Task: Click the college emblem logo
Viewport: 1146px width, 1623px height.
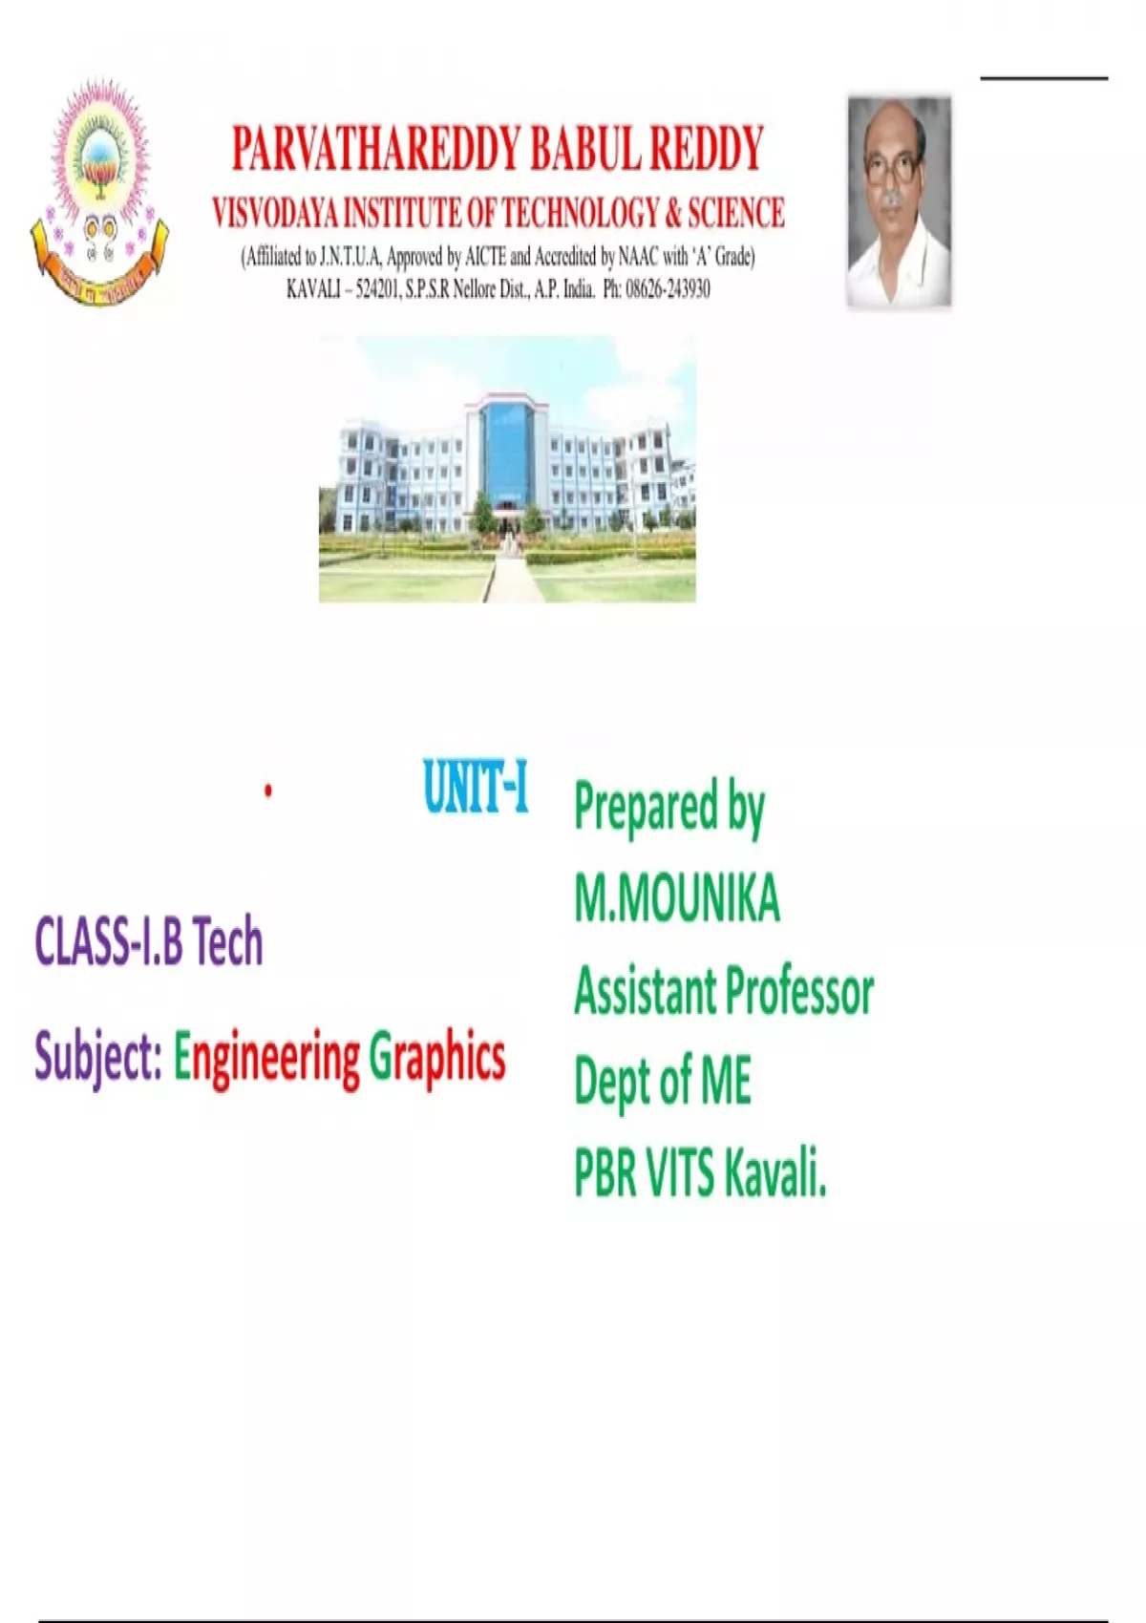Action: click(99, 191)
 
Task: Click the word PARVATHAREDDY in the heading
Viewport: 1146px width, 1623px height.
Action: click(375, 149)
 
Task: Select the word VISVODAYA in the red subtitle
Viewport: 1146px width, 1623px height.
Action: click(274, 213)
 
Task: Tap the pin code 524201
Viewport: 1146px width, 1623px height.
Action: click(377, 290)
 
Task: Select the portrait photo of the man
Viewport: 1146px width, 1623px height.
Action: click(899, 201)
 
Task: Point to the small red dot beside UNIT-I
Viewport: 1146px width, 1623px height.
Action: click(268, 791)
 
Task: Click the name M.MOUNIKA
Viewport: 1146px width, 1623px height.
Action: click(677, 897)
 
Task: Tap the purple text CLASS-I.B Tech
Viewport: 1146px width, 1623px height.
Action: click(149, 941)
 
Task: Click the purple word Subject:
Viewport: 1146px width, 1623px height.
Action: click(98, 1058)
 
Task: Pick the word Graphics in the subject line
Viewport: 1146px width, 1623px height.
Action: click(437, 1058)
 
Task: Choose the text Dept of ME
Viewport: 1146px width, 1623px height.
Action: click(663, 1081)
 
